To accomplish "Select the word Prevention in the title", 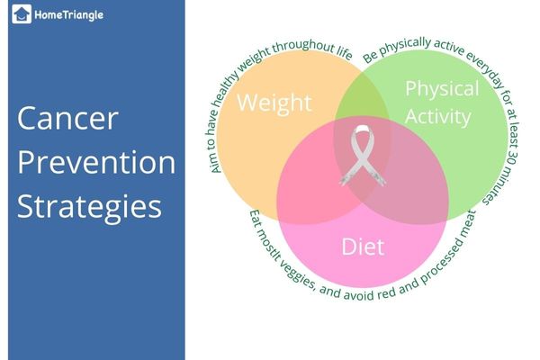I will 96,163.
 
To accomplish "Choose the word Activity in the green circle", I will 438,116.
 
